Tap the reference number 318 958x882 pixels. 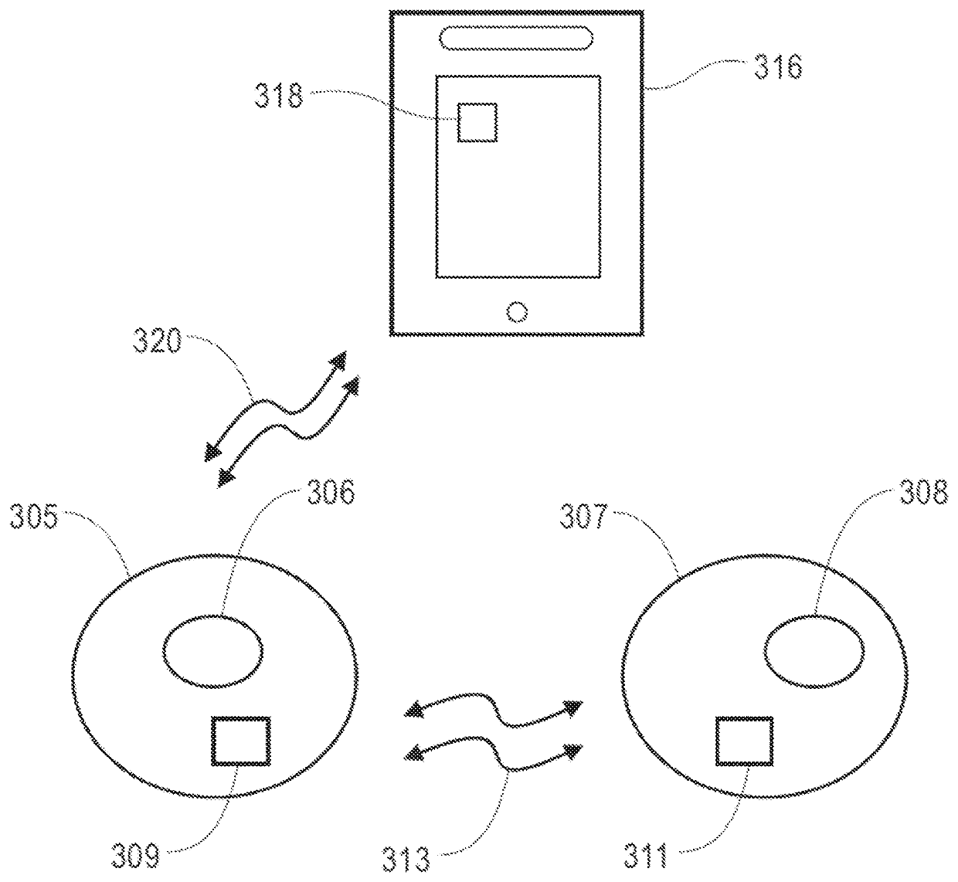(x=279, y=96)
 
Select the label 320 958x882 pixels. (x=158, y=341)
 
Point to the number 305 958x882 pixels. (x=34, y=517)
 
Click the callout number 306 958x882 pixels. (x=331, y=493)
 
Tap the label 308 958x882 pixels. (x=924, y=493)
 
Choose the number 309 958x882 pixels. (x=135, y=857)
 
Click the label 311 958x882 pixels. (x=646, y=857)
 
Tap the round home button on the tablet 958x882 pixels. (x=517, y=313)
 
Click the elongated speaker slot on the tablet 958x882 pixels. (x=516, y=38)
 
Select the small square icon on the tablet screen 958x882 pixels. (x=477, y=123)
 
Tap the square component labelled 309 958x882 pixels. (x=241, y=741)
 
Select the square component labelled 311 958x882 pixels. (x=745, y=741)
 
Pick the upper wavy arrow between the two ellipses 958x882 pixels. (x=495, y=711)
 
